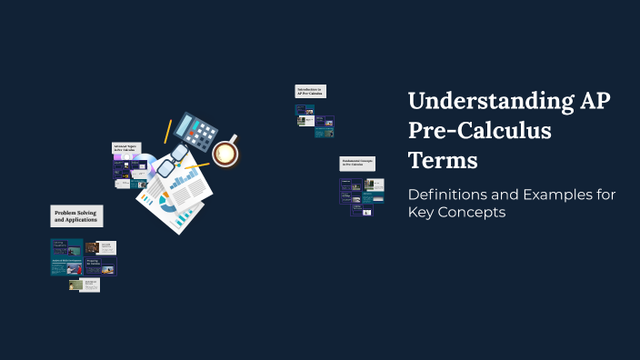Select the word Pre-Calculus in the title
[480, 131]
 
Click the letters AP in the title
[591, 102]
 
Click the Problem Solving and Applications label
[76, 216]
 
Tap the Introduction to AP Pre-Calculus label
[310, 91]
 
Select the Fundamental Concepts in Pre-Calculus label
[357, 164]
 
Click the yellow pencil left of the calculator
[167, 131]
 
